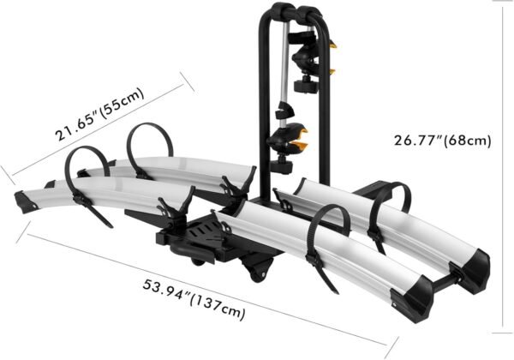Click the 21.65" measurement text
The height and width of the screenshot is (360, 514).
(x=75, y=124)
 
